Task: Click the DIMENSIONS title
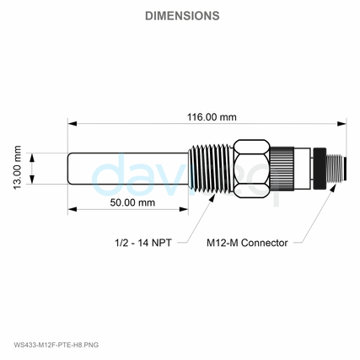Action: pos(182,16)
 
